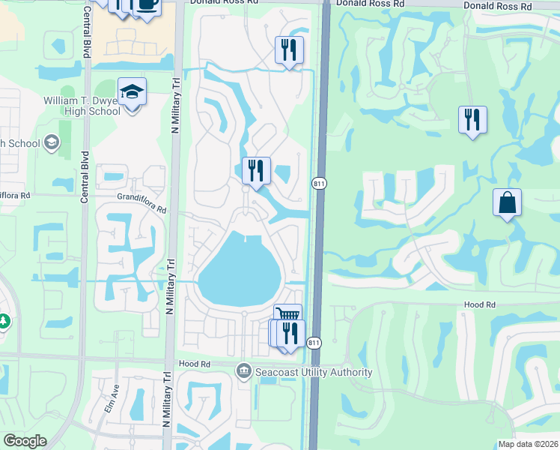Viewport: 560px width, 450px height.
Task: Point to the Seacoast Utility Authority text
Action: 313,373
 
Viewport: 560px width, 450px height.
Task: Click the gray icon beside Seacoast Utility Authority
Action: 243,370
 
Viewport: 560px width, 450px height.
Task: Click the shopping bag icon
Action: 507,202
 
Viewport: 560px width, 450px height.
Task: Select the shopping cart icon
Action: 287,314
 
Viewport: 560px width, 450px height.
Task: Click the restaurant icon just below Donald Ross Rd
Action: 289,50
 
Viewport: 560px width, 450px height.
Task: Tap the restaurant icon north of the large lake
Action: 256,171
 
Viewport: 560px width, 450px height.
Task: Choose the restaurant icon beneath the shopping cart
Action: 290,334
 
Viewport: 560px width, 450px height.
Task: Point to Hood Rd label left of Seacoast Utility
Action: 191,364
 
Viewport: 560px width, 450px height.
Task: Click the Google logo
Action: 25,441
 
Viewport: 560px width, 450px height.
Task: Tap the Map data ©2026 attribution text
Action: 528,444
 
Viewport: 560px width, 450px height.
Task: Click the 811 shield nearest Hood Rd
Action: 313,343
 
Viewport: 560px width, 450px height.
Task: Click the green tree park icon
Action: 4,321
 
